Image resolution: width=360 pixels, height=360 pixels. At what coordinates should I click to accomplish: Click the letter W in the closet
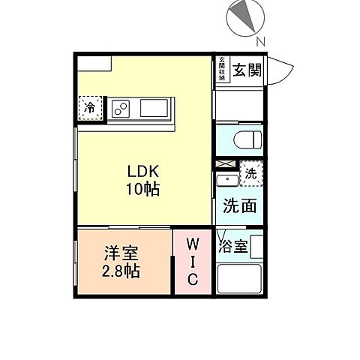[x=192, y=245]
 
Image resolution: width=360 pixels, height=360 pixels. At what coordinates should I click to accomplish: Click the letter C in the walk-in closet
[x=192, y=280]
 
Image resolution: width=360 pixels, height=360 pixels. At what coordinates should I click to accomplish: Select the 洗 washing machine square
[x=253, y=173]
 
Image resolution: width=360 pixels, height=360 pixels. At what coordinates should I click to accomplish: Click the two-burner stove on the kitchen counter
[x=121, y=109]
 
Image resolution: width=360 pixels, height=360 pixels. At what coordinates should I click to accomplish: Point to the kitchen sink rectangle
[x=155, y=109]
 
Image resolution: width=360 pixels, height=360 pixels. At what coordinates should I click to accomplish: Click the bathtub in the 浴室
[x=239, y=280]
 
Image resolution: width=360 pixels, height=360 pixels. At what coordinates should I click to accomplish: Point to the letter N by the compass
[x=259, y=40]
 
